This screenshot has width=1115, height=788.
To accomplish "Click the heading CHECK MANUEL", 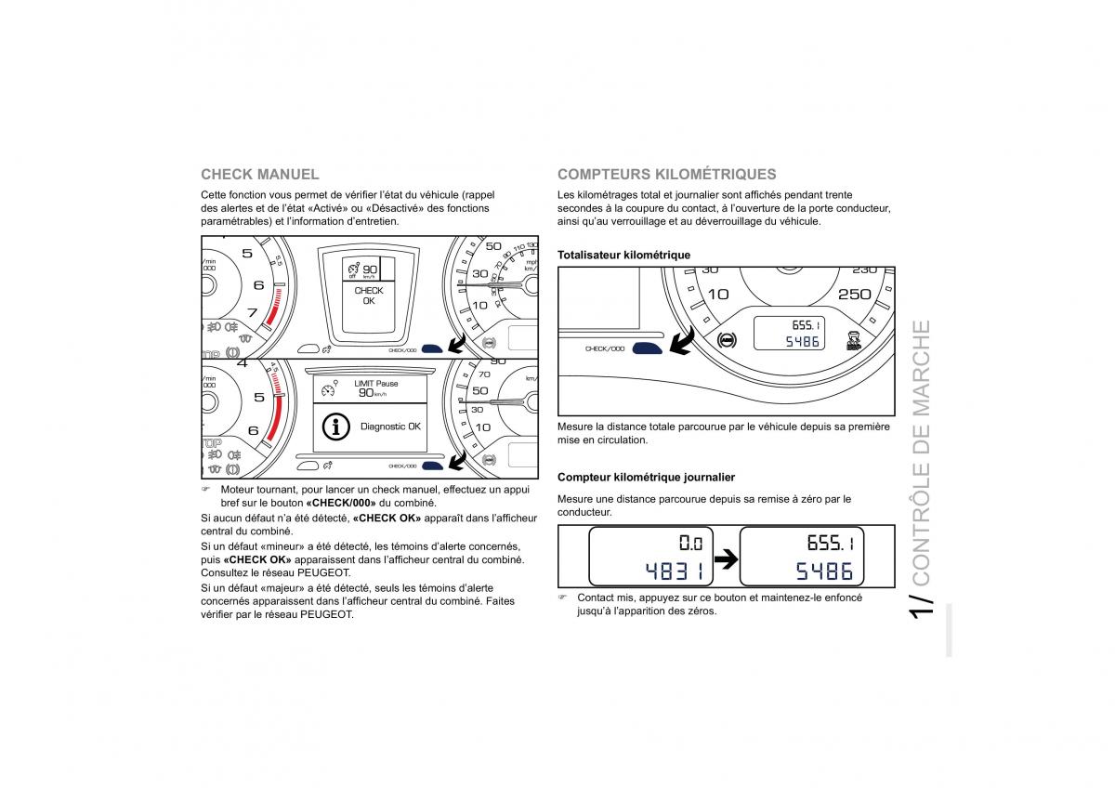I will tap(259, 174).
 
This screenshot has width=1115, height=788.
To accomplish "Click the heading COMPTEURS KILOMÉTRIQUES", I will tap(666, 174).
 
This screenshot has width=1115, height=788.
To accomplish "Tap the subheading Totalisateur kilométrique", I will tap(623, 255).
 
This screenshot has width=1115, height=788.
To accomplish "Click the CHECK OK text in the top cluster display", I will tap(369, 295).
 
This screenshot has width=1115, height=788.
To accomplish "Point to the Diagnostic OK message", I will tap(390, 427).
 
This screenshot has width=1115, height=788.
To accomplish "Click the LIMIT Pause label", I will tap(375, 383).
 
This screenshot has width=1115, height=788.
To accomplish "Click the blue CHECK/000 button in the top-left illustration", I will tap(433, 349).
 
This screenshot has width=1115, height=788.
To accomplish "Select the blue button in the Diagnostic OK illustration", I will tap(433, 466).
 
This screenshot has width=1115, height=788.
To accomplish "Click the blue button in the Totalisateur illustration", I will tap(647, 348).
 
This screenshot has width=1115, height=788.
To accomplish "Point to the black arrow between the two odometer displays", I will tap(725, 558).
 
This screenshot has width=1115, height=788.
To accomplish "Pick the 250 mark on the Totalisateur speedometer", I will tap(854, 294).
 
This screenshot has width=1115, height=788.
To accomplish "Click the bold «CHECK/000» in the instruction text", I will tap(340, 502).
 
